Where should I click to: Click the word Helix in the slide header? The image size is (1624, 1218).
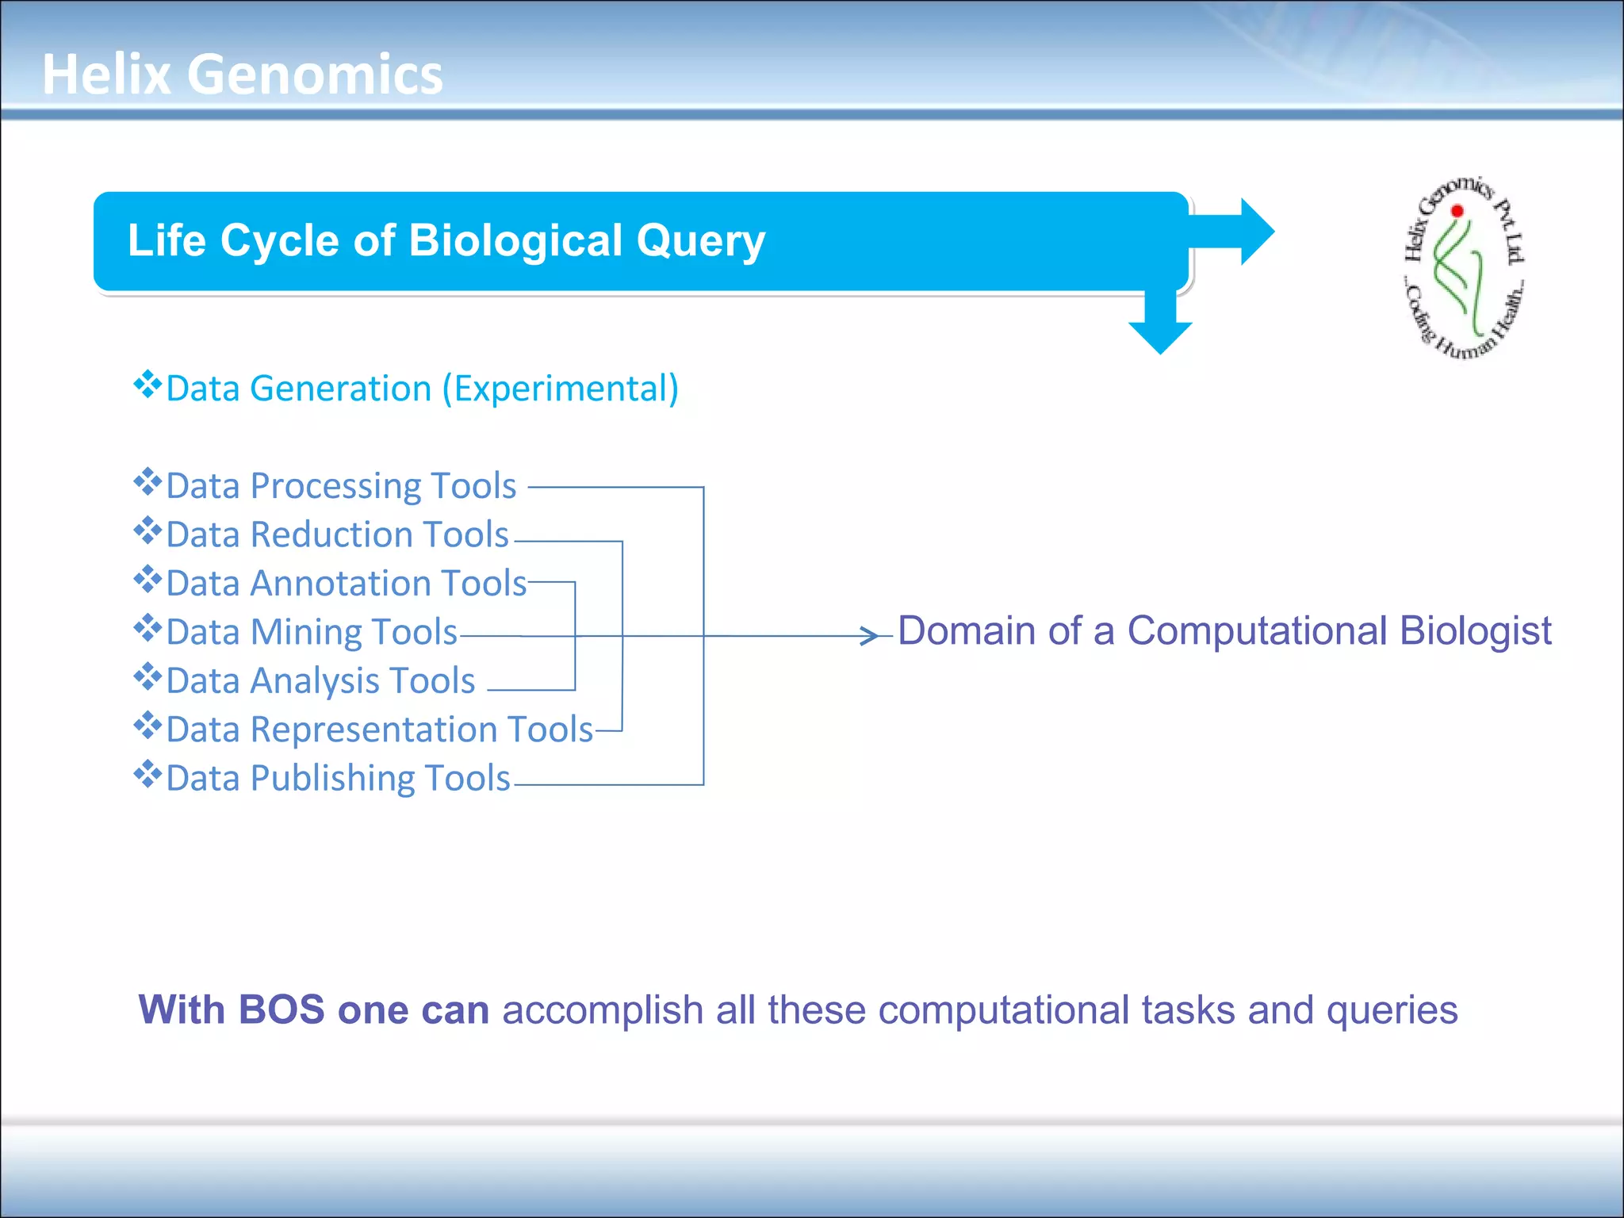point(106,75)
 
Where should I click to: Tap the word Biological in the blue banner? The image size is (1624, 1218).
point(515,240)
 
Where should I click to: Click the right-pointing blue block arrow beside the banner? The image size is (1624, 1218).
point(1241,232)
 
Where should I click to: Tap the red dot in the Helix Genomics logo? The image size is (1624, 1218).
point(1457,211)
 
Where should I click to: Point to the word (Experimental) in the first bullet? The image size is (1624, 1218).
point(560,389)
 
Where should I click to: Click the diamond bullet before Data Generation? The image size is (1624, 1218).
point(147,385)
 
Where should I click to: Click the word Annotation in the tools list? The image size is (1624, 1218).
point(340,584)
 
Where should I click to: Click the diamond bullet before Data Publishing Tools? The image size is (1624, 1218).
point(147,774)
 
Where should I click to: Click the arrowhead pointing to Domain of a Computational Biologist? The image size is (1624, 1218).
point(871,635)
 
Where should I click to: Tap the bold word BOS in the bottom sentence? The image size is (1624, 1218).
point(281,1010)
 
